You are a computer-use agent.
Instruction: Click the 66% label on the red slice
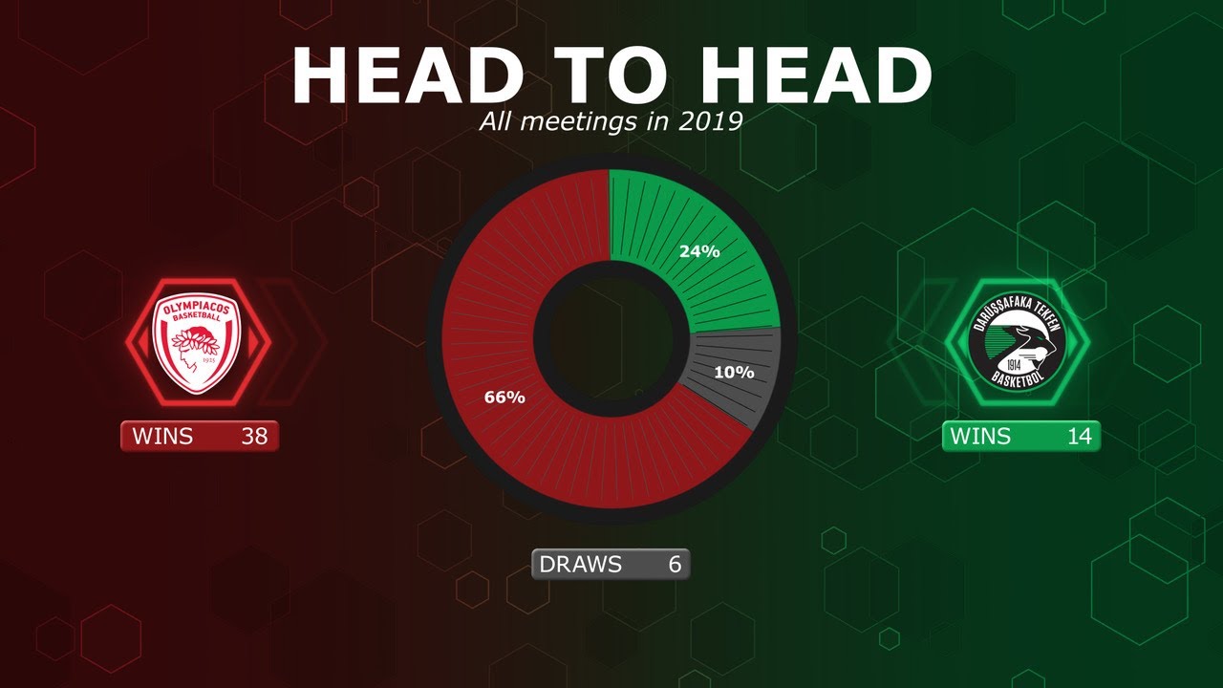pos(504,398)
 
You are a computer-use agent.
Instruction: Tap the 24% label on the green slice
pos(698,252)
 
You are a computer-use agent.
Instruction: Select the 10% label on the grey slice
pos(734,372)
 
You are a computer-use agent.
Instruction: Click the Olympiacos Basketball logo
pos(198,341)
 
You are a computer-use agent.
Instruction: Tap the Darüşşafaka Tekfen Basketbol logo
pos(1015,341)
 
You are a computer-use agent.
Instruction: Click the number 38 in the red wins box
pos(254,437)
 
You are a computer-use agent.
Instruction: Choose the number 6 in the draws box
pos(675,565)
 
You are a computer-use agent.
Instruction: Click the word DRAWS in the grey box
pos(580,565)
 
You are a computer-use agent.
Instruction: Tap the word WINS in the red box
pos(162,437)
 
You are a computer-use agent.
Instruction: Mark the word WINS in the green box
pos(980,437)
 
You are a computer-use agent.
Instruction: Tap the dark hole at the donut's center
pos(611,339)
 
